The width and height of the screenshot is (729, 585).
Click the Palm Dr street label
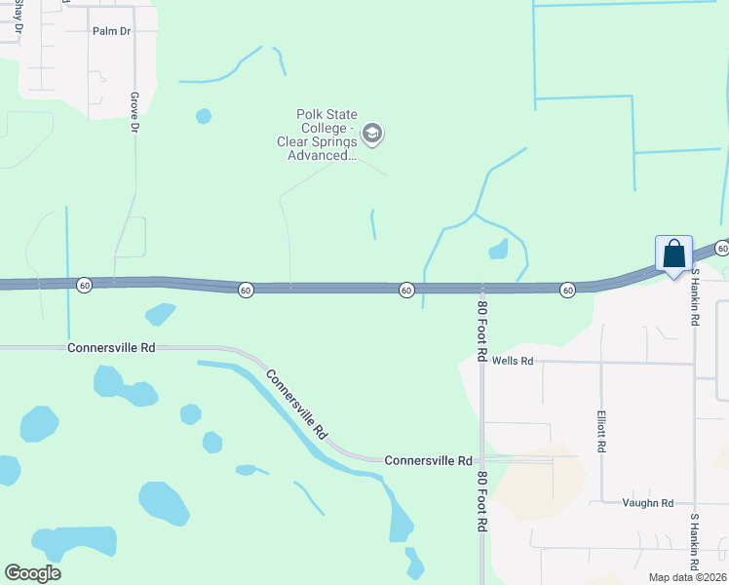(x=111, y=31)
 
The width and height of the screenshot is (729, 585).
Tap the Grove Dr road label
(x=134, y=112)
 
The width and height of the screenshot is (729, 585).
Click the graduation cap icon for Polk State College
(x=371, y=133)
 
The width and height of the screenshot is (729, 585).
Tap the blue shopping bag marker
(x=673, y=255)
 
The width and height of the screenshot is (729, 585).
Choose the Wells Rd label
(x=513, y=361)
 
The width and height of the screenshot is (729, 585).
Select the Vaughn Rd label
(x=648, y=503)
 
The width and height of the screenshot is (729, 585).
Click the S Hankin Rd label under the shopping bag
(x=695, y=298)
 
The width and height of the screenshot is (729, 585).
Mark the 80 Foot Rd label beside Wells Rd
(x=481, y=331)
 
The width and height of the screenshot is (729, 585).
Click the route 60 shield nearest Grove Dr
(x=85, y=285)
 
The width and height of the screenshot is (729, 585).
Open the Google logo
(x=32, y=573)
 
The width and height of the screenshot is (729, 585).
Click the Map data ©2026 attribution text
(x=687, y=577)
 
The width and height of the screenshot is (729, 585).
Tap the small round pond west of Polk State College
(x=203, y=116)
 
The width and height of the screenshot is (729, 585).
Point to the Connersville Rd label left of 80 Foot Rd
(x=428, y=460)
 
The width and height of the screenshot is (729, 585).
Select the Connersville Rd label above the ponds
(x=111, y=347)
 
